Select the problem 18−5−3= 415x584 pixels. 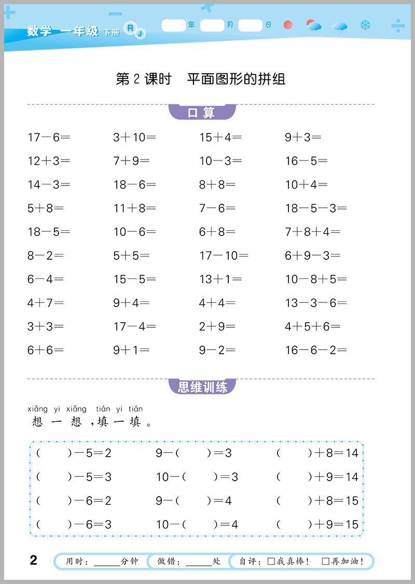pos(315,208)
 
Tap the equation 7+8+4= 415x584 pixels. pos(312,232)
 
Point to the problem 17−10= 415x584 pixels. pos(224,256)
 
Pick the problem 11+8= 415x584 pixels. pos(134,208)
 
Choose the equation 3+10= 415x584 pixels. pos(134,138)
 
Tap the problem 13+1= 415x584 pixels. pos(220,280)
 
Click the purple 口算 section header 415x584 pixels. pos(202,112)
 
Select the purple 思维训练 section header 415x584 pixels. pos(202,387)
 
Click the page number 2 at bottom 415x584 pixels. pos(34,560)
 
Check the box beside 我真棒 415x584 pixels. pos(271,561)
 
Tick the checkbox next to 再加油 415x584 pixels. pos(326,561)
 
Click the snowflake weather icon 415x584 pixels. pos(365,25)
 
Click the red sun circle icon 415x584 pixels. pos(288,25)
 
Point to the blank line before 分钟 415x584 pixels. pos(107,562)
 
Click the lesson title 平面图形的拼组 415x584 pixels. pos(236,79)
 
